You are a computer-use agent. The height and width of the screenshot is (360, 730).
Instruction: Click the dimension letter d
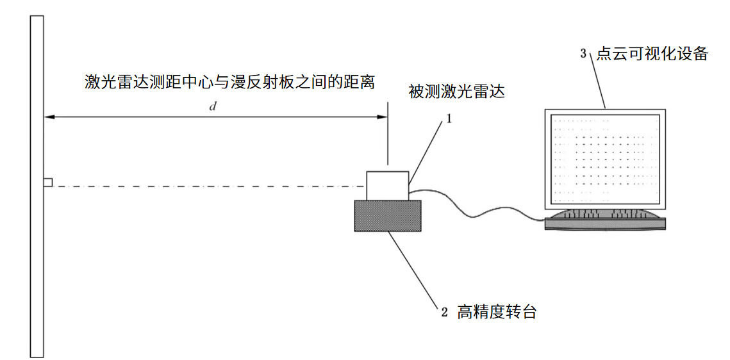(213, 106)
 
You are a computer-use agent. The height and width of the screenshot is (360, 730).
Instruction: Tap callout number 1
(449, 119)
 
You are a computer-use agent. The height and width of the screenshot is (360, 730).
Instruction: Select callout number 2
(444, 314)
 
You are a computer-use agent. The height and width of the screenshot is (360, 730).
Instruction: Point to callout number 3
(583, 54)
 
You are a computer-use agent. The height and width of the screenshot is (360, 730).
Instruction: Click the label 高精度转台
(496, 313)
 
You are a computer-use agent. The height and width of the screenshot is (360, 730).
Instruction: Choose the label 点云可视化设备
(652, 54)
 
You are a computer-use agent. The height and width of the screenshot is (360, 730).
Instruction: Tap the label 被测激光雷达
(457, 92)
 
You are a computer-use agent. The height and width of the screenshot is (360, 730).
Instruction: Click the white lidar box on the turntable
(387, 185)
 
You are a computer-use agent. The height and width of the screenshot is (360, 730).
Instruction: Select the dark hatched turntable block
(388, 215)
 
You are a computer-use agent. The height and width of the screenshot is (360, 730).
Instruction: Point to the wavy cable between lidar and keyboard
(474, 209)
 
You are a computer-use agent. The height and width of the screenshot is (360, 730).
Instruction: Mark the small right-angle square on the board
(47, 183)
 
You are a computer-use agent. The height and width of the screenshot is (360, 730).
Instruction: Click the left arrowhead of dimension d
(47, 117)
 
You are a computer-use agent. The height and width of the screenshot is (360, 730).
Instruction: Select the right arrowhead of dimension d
(383, 117)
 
